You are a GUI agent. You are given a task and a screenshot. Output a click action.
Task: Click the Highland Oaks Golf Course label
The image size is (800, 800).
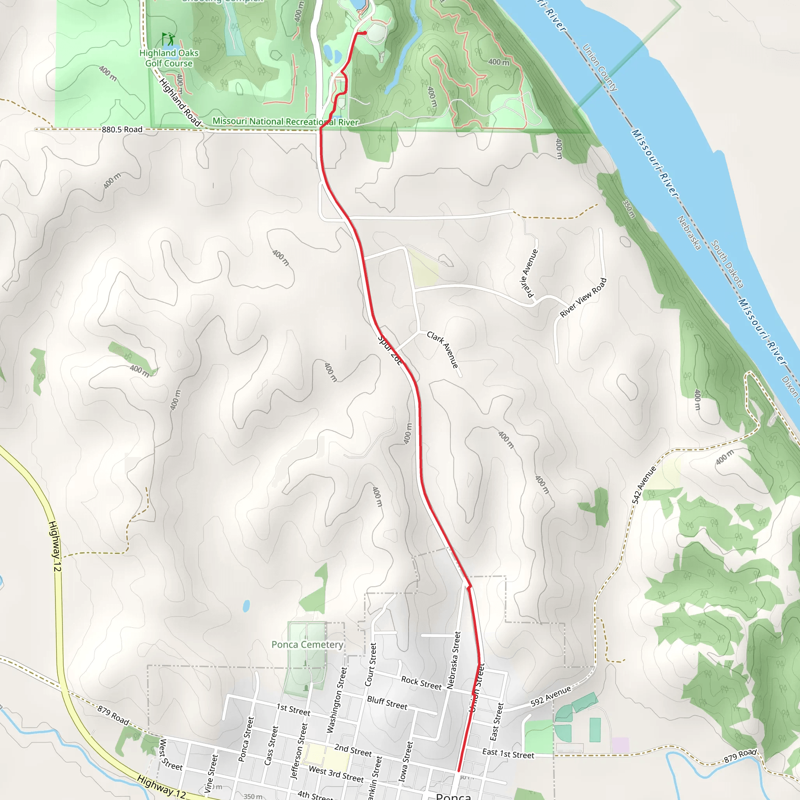[x=168, y=58]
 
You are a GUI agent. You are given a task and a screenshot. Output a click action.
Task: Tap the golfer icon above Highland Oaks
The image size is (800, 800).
[x=168, y=39]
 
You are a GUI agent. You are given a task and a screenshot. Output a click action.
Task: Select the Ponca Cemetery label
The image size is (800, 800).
[x=307, y=645]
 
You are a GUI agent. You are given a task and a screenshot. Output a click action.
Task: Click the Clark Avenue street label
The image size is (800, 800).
[x=443, y=350]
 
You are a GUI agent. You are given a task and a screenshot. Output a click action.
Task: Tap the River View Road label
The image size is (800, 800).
[x=583, y=298]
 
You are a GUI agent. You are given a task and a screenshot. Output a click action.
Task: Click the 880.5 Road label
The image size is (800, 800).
[x=122, y=130]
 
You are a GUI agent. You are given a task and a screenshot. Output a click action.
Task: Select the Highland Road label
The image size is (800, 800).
[x=180, y=102]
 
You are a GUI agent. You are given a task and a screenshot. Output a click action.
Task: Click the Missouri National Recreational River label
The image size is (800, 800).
[x=285, y=122]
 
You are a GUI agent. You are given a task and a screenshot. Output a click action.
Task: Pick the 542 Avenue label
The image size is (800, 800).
[x=644, y=485]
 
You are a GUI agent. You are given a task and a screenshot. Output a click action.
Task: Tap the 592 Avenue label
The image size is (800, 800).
[x=551, y=696]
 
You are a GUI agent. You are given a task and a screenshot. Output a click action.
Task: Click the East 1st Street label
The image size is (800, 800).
[x=508, y=754]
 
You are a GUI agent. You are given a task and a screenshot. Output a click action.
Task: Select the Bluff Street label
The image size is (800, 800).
[x=387, y=703]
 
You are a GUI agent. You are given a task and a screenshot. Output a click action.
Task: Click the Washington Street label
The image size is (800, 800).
[x=336, y=700]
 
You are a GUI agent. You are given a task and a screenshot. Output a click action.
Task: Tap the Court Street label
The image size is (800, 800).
[x=370, y=664]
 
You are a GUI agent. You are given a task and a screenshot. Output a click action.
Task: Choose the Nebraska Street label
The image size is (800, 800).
[x=454, y=660]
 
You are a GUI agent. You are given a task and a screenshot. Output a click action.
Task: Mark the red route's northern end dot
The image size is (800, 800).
[x=365, y=33]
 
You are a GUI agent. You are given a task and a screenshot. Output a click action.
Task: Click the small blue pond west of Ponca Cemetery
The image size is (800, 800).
[x=246, y=606]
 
